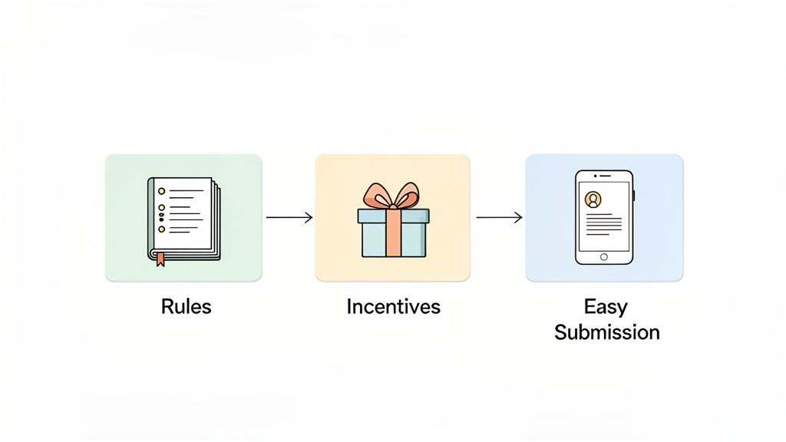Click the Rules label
[x=186, y=307]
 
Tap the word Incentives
[x=393, y=307]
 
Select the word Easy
[x=606, y=307]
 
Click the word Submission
[x=606, y=332]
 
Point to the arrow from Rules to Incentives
[x=289, y=218]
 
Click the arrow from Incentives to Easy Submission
[x=499, y=218]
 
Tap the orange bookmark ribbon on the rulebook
[x=160, y=259]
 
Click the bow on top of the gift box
[x=392, y=196]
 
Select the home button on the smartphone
[x=604, y=256]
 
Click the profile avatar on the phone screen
[x=593, y=200]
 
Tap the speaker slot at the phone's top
[x=604, y=176]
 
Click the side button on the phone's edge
[x=635, y=196]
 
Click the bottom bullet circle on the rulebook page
[x=161, y=229]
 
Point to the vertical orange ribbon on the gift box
[x=392, y=237]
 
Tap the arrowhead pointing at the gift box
[x=309, y=218]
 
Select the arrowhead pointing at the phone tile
[x=519, y=218]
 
